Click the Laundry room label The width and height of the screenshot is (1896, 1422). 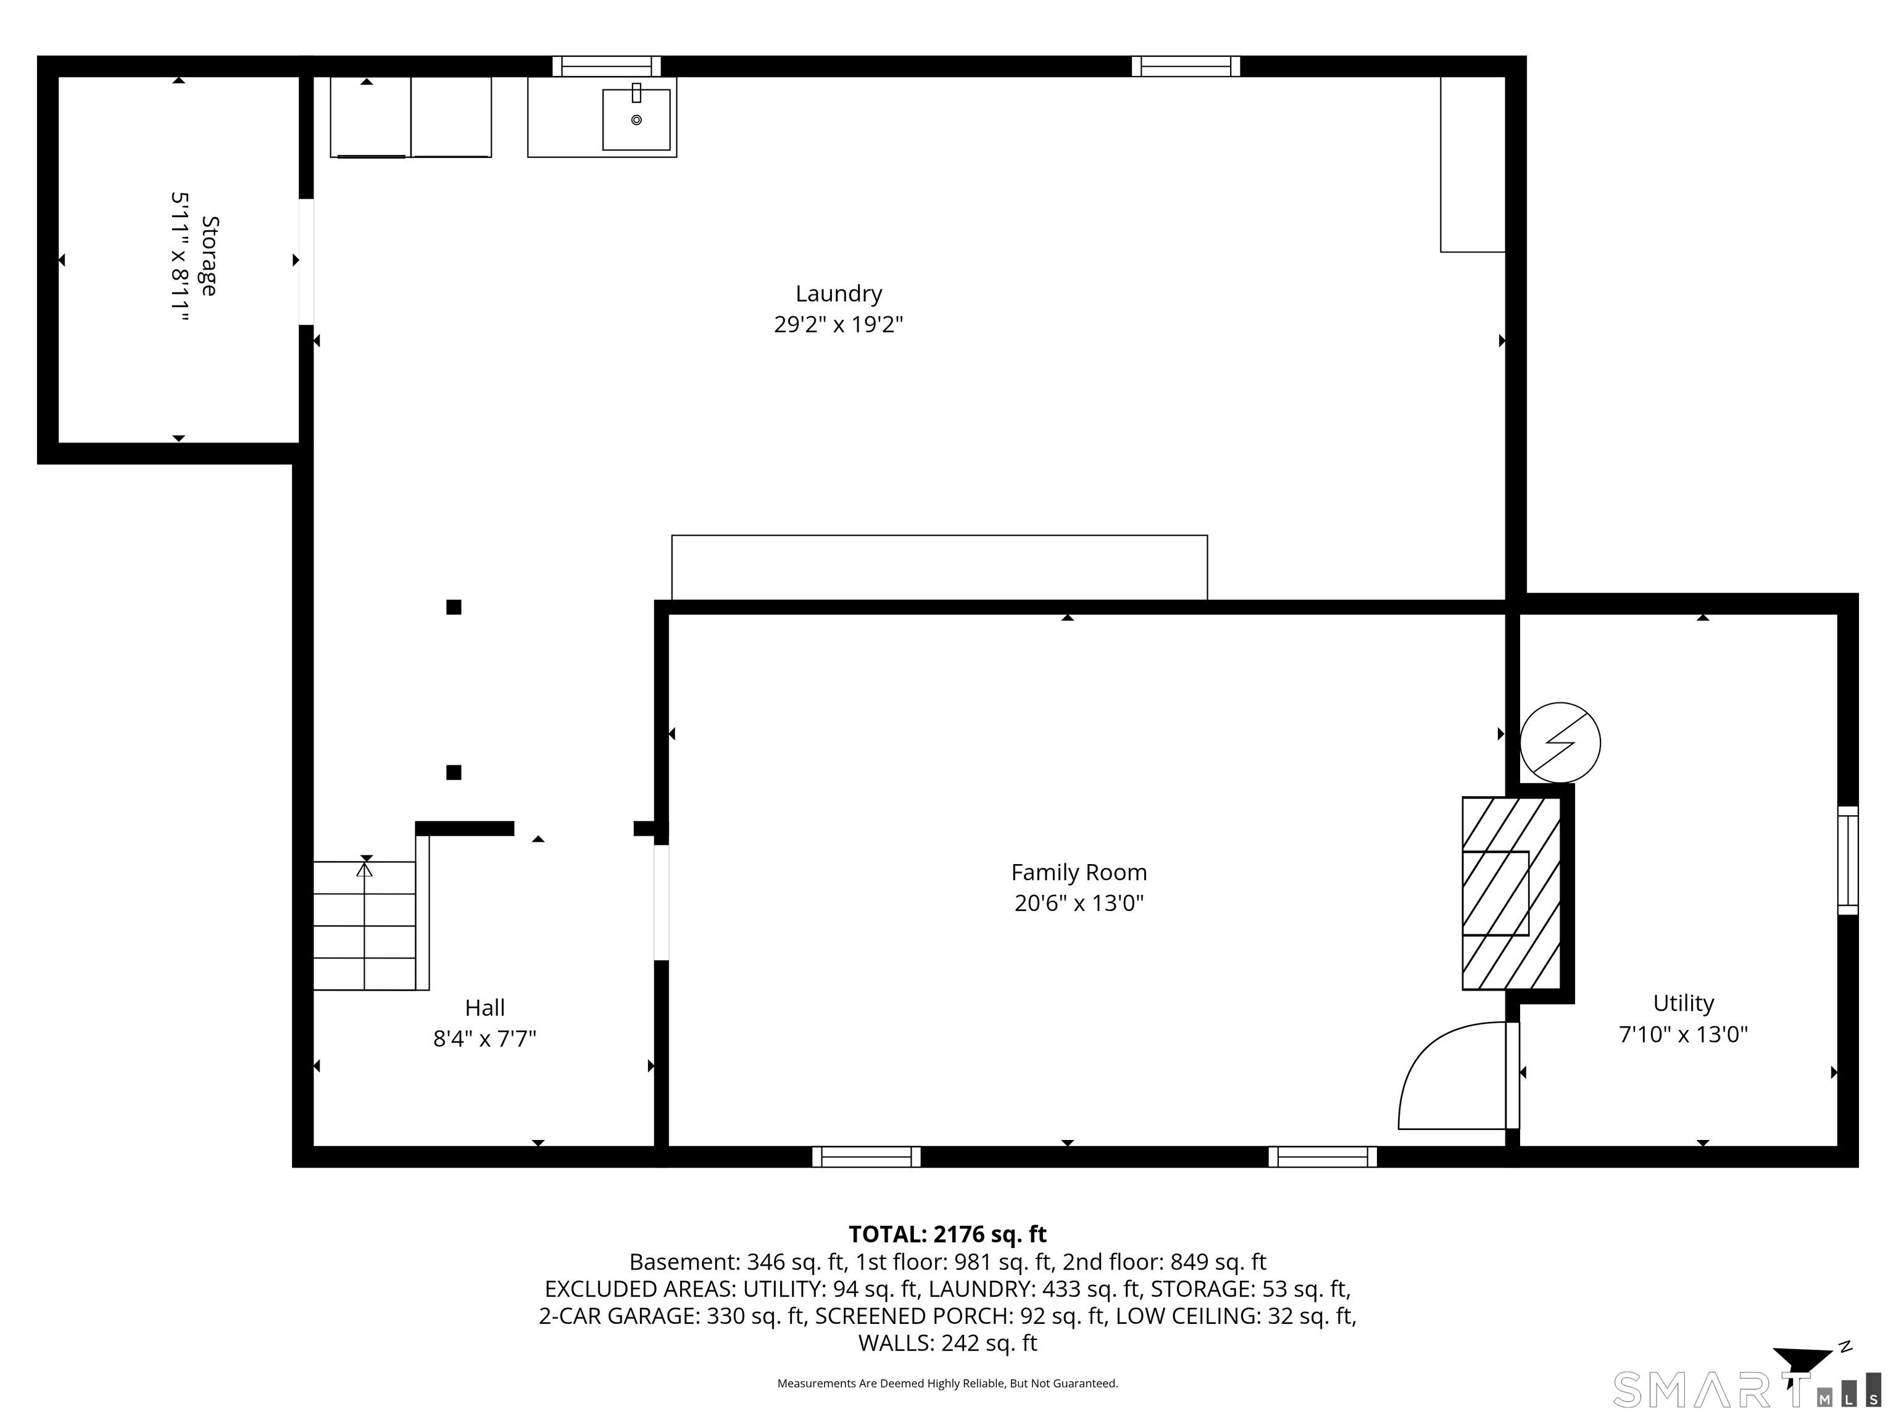[x=838, y=294]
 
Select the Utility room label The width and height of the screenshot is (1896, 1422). [x=1682, y=1003]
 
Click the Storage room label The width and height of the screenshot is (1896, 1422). [x=208, y=256]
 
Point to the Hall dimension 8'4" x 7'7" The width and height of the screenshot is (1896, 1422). [x=484, y=1039]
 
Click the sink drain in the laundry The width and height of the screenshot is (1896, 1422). [x=636, y=120]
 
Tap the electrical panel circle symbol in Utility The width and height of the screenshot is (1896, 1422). [x=1559, y=743]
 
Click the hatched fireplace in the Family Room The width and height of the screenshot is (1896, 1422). [x=1510, y=893]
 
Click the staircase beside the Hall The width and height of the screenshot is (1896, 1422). [x=365, y=926]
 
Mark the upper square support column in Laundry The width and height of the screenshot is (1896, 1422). [x=454, y=607]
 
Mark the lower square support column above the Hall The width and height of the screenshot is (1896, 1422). [x=454, y=772]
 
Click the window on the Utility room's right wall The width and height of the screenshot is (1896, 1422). [x=1847, y=860]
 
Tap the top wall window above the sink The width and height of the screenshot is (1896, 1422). [x=606, y=66]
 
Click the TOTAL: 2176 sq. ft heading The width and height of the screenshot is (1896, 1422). [x=947, y=1234]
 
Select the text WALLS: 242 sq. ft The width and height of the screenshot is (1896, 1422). [x=947, y=1343]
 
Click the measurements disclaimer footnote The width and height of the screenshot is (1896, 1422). [x=947, y=1384]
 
